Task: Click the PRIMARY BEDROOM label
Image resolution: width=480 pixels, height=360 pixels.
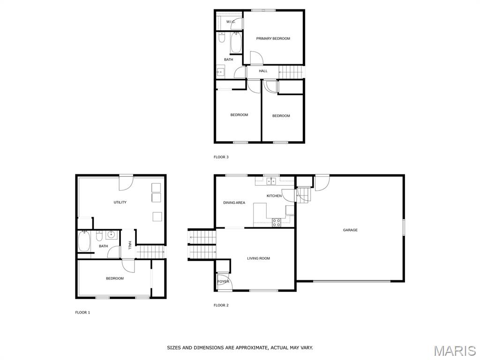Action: (273, 38)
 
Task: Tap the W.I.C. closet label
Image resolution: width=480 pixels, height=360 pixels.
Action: (231, 22)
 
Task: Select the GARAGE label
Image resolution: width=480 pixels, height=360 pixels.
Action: (350, 230)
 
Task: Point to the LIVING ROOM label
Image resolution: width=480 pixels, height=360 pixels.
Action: (259, 258)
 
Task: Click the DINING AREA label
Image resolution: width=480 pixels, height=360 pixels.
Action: (234, 203)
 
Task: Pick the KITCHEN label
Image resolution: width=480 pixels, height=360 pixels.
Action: (274, 195)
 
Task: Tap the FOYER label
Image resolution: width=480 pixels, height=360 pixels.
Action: (224, 282)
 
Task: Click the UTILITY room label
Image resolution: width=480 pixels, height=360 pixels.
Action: (120, 202)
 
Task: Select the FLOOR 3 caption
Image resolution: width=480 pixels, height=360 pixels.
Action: (221, 157)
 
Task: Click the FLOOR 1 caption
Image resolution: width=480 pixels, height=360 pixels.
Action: (82, 312)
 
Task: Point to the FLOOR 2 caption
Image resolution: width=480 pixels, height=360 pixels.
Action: (221, 305)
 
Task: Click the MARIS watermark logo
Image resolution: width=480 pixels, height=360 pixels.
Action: (454, 351)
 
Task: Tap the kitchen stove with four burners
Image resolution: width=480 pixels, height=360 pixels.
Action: (277, 222)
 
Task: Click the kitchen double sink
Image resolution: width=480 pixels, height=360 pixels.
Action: (270, 180)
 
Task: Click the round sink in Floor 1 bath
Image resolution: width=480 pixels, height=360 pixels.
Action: (112, 235)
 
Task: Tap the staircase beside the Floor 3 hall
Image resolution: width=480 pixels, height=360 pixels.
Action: (291, 72)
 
